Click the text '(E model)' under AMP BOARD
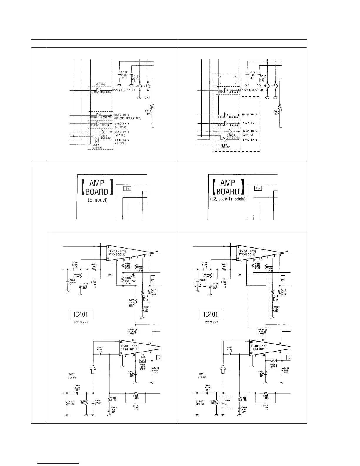pos(97,200)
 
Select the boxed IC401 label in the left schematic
pos(81,314)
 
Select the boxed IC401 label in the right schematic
pos(211,314)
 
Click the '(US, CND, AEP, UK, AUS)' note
pos(128,118)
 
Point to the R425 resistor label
pos(128,278)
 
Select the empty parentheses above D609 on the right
pos(228,79)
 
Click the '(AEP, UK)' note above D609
pos(100,84)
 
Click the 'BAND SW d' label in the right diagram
pos(249,115)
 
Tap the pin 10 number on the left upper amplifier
pos(156,252)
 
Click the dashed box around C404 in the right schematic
pos(226,402)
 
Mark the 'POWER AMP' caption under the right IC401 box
pos(211,322)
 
